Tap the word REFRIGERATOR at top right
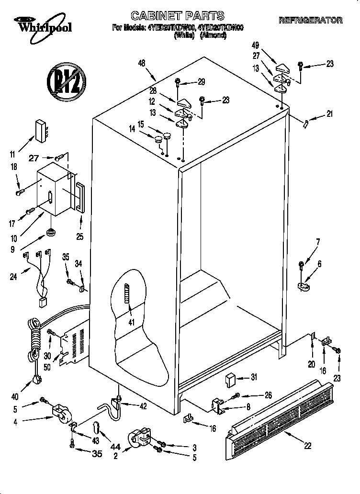[311, 20]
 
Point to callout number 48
[141, 63]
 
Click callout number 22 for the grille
[307, 445]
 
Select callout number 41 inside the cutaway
[131, 322]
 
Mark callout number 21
[329, 113]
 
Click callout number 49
[256, 45]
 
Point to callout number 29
[201, 82]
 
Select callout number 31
[254, 377]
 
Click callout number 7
[318, 241]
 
